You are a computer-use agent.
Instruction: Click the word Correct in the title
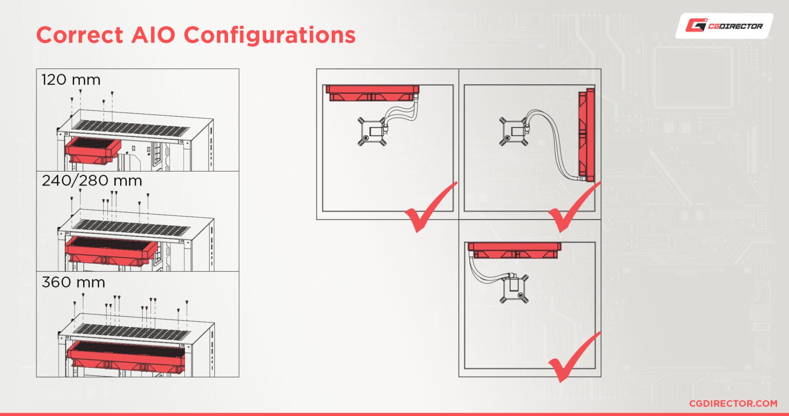click(80, 35)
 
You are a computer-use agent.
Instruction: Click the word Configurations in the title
click(270, 35)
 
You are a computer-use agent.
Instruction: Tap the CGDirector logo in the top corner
click(724, 26)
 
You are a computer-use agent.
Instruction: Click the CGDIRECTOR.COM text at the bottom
click(733, 404)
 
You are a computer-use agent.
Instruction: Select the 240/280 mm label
click(92, 181)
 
